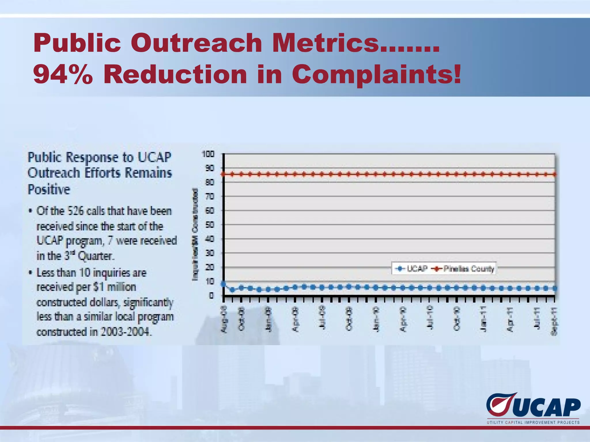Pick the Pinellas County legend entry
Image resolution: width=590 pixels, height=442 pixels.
464,269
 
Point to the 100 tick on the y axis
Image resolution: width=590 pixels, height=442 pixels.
208,154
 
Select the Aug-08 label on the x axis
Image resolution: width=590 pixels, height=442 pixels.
224,320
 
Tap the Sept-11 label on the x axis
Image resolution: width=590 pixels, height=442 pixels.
554,321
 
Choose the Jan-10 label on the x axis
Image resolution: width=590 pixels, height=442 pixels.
376,319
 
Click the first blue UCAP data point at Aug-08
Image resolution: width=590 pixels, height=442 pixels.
223,284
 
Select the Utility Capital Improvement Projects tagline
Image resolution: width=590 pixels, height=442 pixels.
533,422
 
